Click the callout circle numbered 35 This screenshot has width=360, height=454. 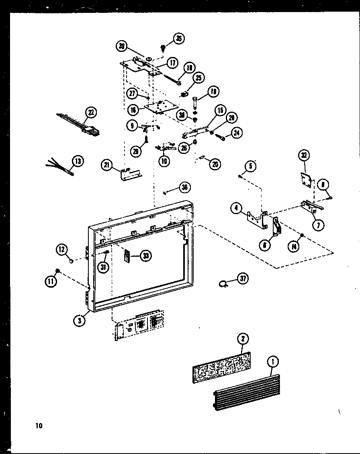tap(178, 39)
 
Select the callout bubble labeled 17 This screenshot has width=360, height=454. tap(172, 63)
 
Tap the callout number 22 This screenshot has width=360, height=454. tap(91, 112)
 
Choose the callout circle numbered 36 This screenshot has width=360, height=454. tap(184, 187)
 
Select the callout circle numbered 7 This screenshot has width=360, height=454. tap(318, 225)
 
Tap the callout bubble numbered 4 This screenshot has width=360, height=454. tap(236, 208)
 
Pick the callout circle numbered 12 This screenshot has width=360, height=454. tap(61, 250)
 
